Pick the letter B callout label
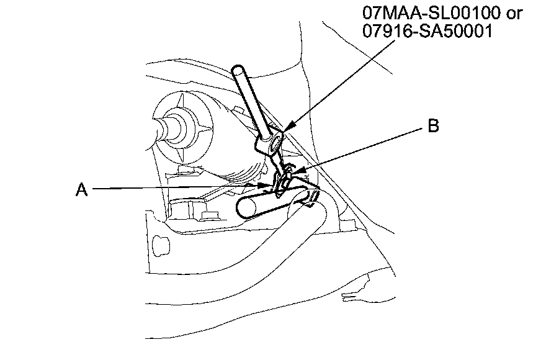(433, 127)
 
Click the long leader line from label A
(174, 188)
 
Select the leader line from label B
(360, 149)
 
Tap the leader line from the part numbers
(347, 87)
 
